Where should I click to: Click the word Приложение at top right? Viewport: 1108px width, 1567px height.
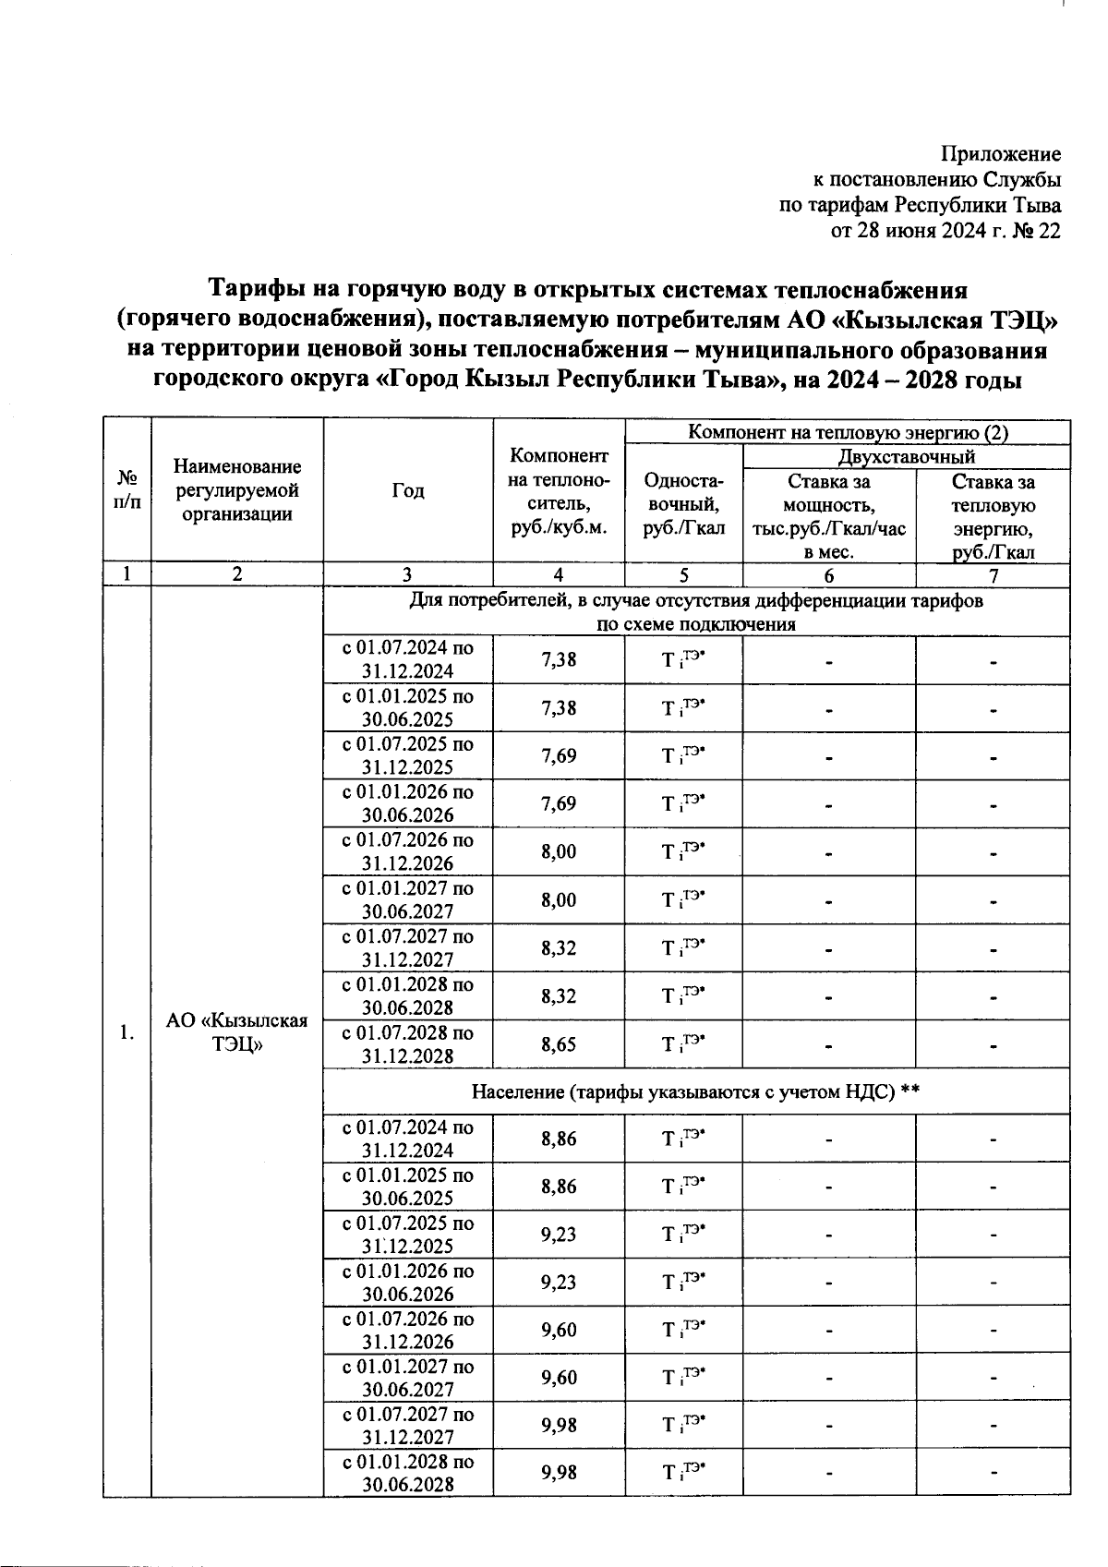point(1001,154)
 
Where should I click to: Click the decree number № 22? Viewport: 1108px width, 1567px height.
point(1036,231)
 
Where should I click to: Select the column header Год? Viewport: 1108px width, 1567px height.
point(408,491)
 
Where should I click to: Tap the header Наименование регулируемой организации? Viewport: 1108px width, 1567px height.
point(237,491)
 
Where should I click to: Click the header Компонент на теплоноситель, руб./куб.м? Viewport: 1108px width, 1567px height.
point(559,491)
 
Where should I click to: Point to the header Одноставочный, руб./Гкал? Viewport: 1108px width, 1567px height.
point(683,504)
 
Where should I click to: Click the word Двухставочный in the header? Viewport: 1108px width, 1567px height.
point(906,456)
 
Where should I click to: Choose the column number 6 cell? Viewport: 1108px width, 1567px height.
point(828,574)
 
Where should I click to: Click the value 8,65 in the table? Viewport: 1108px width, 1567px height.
point(559,1044)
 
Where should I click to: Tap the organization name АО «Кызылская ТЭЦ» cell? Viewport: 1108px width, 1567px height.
point(237,1032)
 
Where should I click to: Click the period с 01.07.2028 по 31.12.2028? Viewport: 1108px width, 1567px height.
point(408,1044)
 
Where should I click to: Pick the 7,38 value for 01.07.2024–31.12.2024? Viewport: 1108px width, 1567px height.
point(559,660)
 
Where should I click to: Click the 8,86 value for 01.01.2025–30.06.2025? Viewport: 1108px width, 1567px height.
point(559,1187)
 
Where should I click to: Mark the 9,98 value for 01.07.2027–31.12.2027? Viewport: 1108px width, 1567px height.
point(559,1425)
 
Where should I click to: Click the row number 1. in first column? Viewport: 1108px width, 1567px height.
point(126,1032)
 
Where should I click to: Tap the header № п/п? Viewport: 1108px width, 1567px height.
point(126,491)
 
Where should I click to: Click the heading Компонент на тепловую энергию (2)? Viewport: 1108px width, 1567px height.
point(848,431)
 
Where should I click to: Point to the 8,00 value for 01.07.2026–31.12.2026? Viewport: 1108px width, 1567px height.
point(559,851)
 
